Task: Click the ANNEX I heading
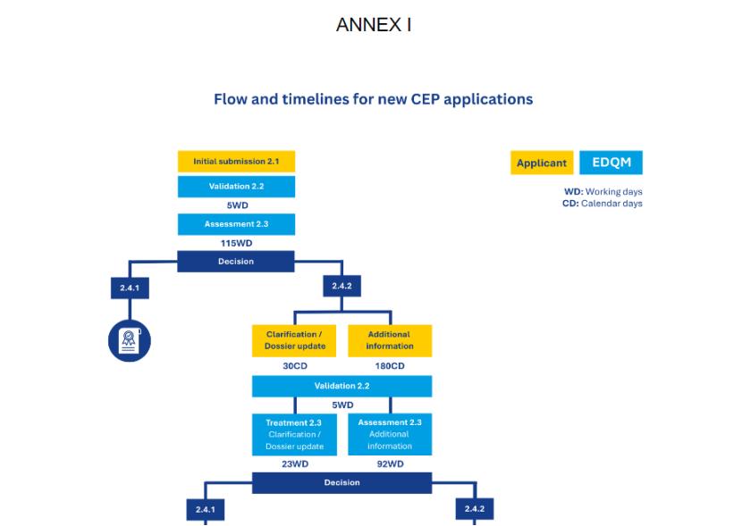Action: point(373,25)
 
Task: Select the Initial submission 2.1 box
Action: point(236,162)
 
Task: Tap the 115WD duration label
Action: point(236,242)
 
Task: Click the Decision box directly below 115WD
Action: point(236,262)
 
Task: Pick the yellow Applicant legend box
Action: point(542,163)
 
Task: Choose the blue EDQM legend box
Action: point(611,163)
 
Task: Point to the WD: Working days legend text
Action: point(603,192)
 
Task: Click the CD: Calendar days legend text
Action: point(603,204)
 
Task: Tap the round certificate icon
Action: point(130,339)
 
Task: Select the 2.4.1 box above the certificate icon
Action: point(130,287)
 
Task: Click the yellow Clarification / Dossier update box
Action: point(295,340)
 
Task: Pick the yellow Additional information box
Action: point(390,340)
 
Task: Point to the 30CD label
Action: point(295,366)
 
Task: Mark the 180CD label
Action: point(390,366)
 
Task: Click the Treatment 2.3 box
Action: point(295,434)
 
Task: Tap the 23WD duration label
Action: point(295,463)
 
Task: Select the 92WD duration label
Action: point(390,463)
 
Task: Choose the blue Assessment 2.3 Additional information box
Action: point(390,434)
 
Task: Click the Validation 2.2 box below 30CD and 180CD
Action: point(342,386)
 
